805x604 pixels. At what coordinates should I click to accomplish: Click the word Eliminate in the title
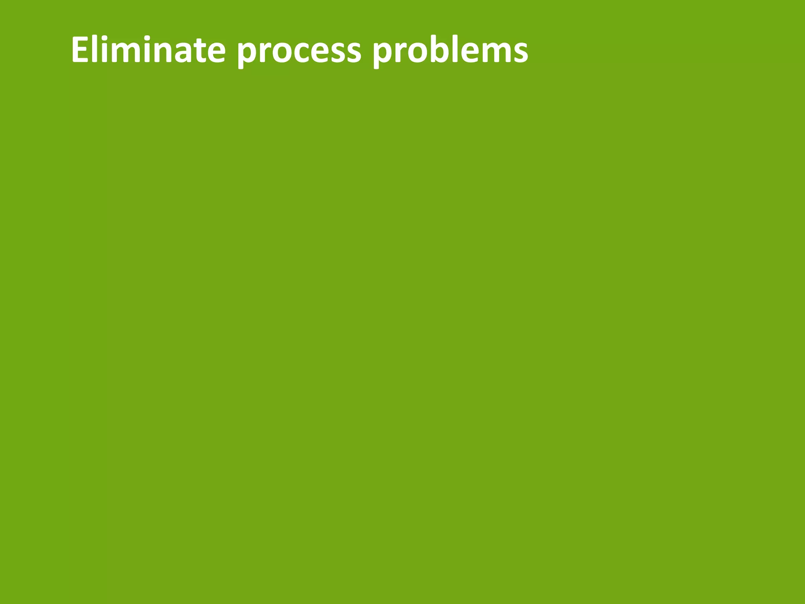[148, 50]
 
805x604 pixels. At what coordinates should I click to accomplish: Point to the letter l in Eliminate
[96, 49]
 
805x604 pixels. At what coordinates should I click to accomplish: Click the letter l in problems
[456, 49]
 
